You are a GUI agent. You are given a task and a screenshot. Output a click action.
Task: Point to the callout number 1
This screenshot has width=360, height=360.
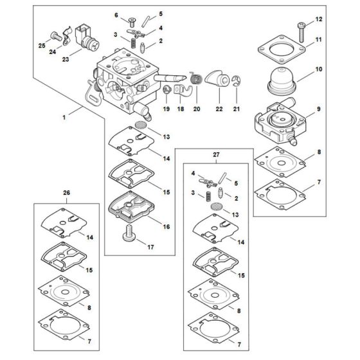click(63, 118)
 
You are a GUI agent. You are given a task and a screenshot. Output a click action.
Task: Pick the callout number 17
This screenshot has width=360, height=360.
click(151, 247)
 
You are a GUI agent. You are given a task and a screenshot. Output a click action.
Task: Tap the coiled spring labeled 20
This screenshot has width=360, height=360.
click(197, 79)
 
